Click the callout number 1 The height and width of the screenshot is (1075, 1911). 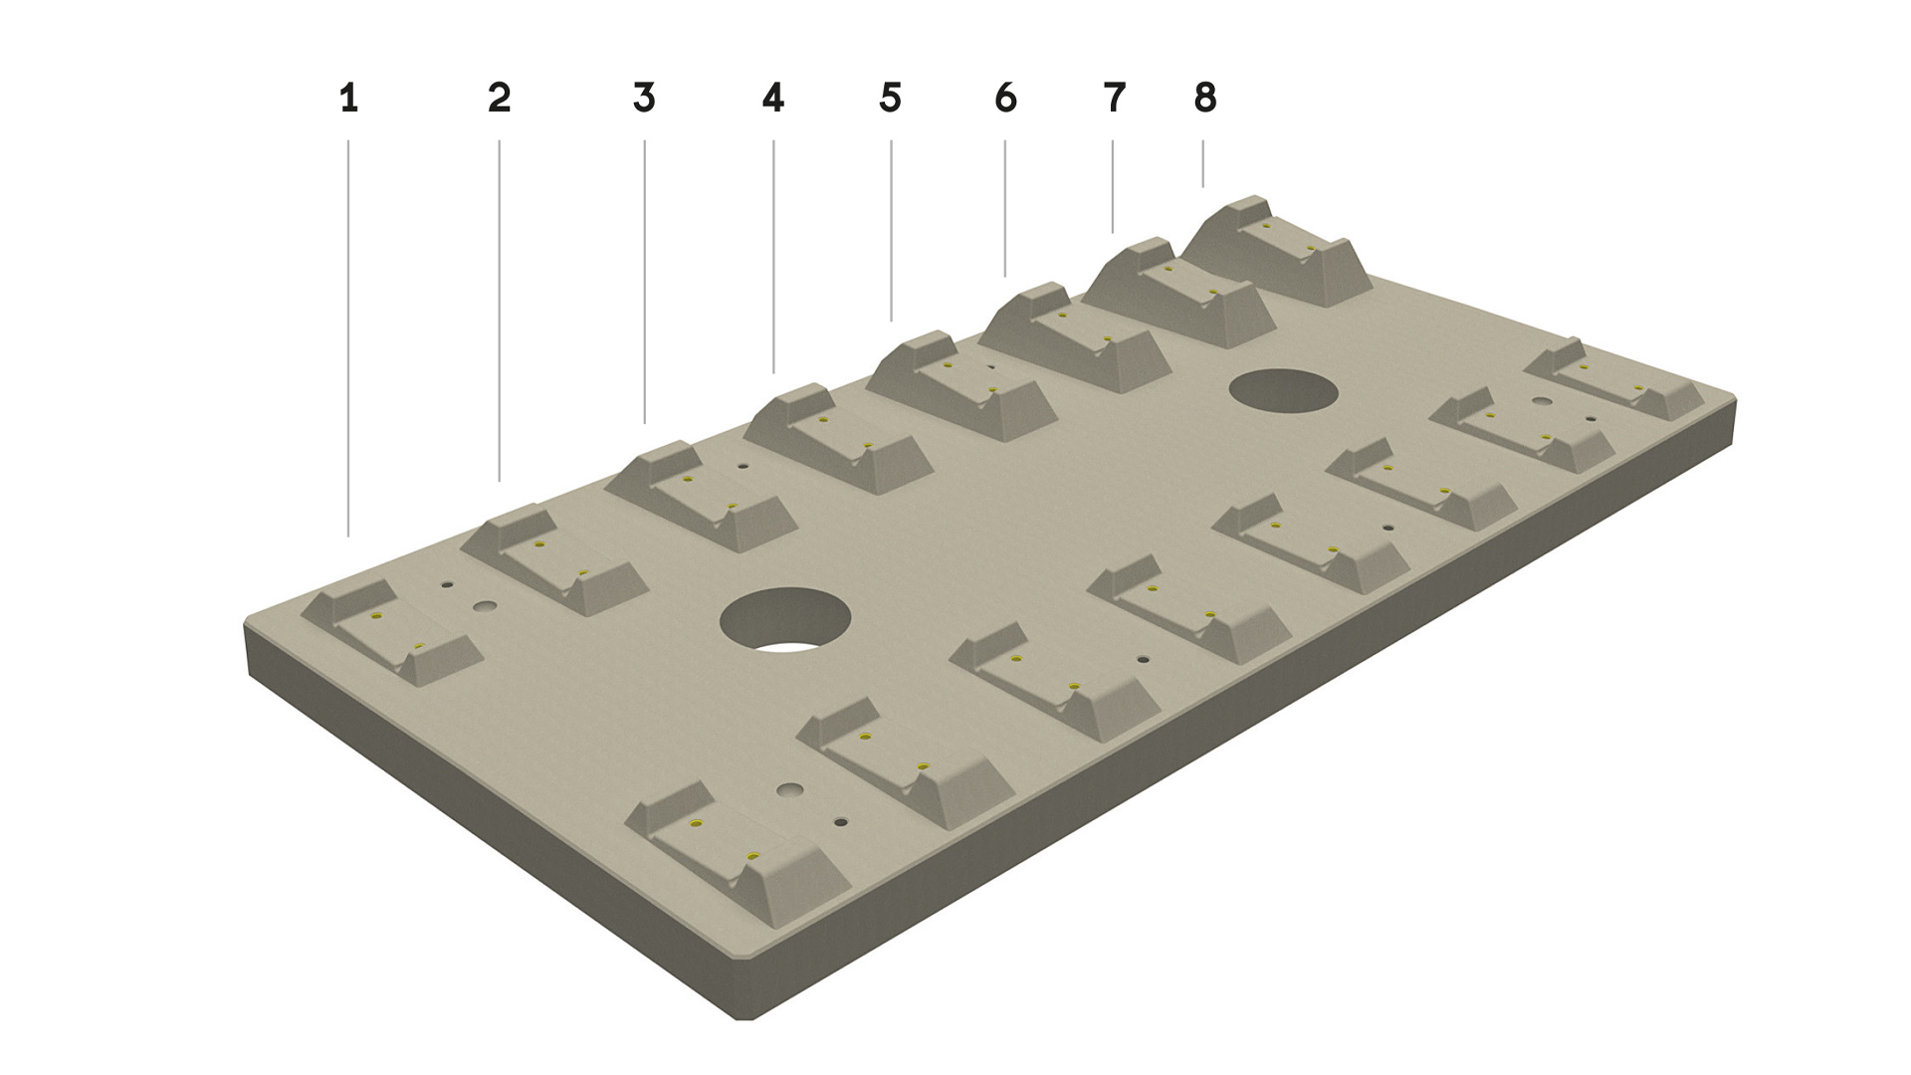coord(348,99)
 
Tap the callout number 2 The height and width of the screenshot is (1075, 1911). coord(500,99)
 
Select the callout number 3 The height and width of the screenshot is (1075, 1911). coord(644,99)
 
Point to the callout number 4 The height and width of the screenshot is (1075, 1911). coord(773,99)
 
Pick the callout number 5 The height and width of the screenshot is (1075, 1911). coord(891,99)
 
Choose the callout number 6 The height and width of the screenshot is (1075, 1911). coord(1006,99)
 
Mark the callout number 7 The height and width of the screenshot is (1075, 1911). coord(1114,99)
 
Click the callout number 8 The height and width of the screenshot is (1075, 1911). coord(1205,99)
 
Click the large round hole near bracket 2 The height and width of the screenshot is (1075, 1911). coord(786,622)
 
